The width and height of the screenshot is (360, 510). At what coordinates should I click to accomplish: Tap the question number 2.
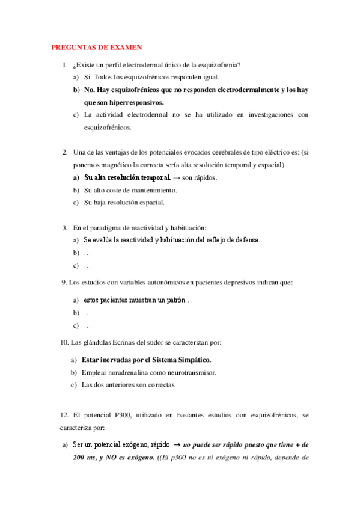coord(65,153)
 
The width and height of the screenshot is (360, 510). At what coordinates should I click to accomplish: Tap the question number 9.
coord(64,282)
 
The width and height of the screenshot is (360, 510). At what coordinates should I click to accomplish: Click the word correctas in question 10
coord(160,385)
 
